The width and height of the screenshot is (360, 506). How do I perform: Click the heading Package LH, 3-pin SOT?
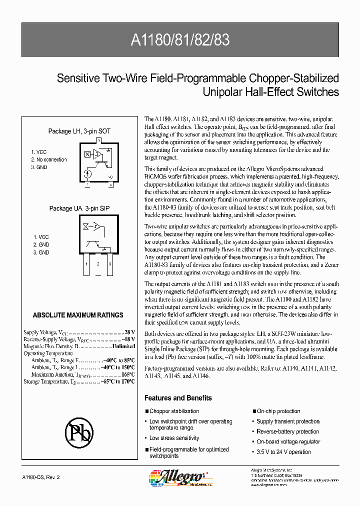tap(79, 131)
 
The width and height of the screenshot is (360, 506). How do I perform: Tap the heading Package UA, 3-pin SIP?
tap(79, 208)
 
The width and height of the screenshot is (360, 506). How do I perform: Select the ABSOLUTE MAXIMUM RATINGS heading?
tap(77, 315)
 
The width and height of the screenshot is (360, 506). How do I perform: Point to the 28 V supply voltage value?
tap(129, 332)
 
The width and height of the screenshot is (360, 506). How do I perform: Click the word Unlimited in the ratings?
tap(123, 346)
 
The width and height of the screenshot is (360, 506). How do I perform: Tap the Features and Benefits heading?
tap(178, 398)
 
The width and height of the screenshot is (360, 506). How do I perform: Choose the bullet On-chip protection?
tap(278, 411)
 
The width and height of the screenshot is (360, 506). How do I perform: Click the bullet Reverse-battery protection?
tap(287, 431)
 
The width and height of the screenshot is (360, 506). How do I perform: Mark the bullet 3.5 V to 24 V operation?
tap(283, 452)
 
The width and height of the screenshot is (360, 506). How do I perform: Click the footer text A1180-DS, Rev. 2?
tap(41, 478)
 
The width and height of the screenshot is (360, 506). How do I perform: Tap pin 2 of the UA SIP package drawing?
tap(98, 263)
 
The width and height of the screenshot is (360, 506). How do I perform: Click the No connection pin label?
tap(48, 160)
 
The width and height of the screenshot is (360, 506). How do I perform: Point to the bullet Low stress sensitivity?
tap(174, 438)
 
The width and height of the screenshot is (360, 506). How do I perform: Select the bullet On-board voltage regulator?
tap(288, 442)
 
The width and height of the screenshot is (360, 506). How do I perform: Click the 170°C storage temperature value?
tap(127, 381)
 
